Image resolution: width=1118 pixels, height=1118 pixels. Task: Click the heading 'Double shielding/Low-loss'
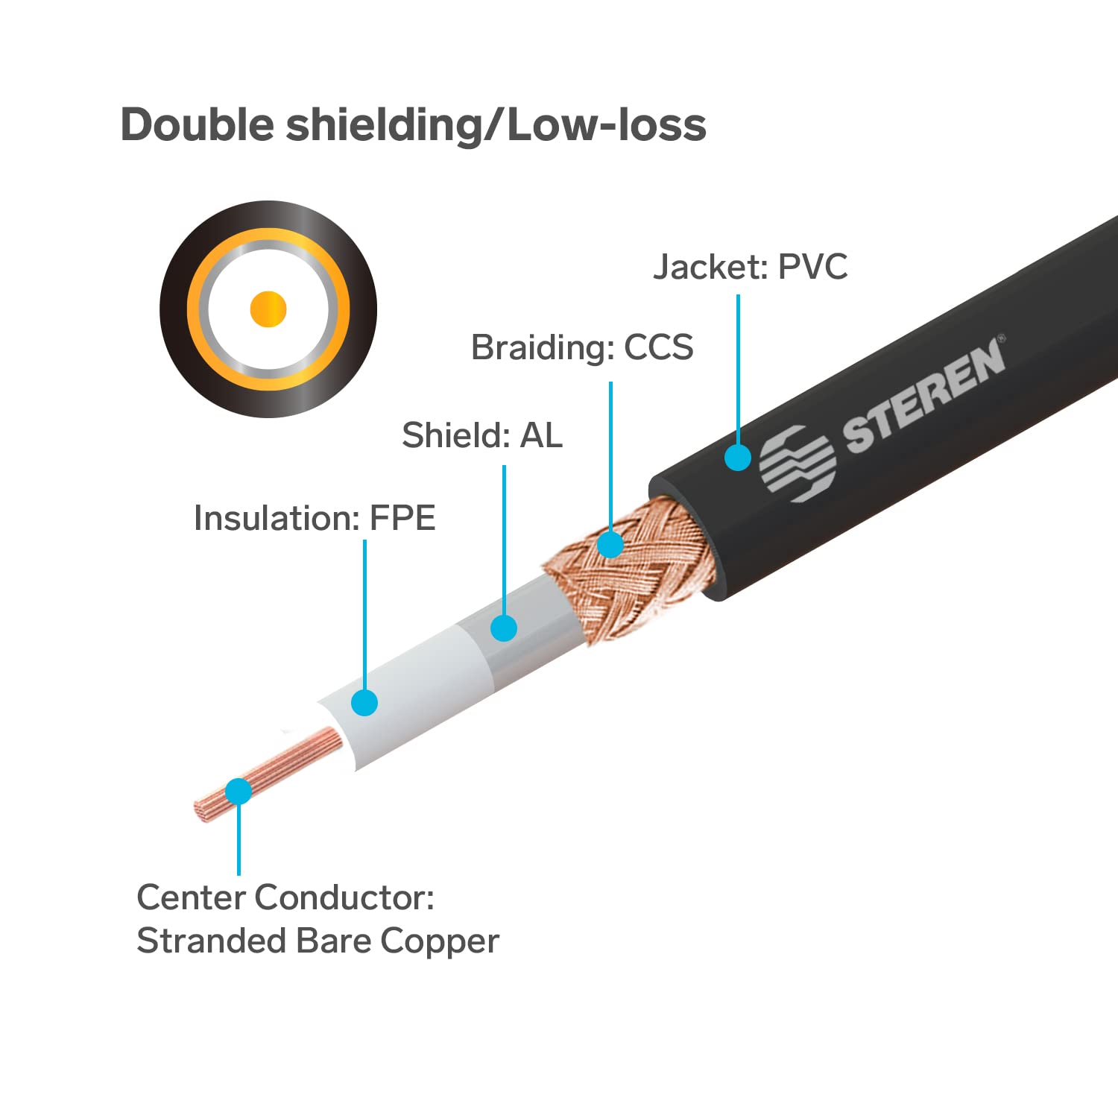[413, 124]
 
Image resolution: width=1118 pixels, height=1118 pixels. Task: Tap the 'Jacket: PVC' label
[751, 267]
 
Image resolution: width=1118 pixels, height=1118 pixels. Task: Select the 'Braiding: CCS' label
[582, 347]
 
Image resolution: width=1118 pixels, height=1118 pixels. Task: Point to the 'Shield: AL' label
[482, 435]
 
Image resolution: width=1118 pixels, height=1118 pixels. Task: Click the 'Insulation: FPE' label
[315, 518]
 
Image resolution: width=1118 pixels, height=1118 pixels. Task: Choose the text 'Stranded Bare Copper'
[318, 941]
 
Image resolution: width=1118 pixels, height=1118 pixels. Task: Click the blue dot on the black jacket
[738, 457]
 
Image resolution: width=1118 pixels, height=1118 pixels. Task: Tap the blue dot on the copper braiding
[610, 544]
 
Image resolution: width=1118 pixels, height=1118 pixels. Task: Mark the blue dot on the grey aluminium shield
[504, 628]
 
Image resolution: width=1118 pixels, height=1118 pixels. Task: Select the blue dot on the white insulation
[364, 702]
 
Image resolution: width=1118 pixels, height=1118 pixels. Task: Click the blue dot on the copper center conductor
[239, 791]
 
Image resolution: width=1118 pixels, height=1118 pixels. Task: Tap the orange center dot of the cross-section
[268, 309]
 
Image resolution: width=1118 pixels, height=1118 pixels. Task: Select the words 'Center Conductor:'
[285, 897]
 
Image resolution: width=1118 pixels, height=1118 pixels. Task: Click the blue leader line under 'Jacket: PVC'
[738, 369]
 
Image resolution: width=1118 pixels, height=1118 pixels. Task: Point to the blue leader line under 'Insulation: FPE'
[364, 614]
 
